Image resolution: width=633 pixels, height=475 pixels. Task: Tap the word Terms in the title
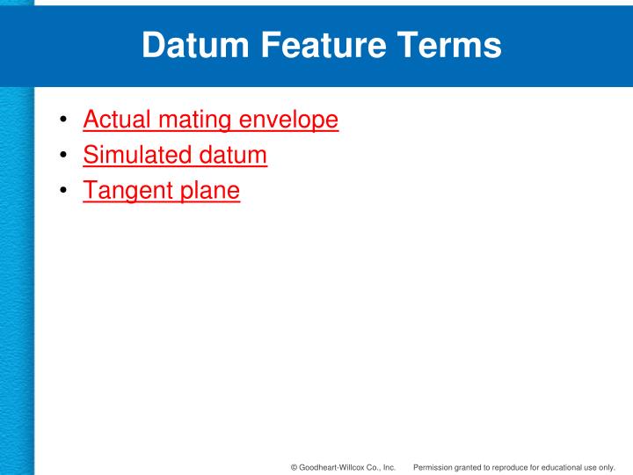(x=448, y=46)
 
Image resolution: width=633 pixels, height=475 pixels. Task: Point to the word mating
(x=193, y=121)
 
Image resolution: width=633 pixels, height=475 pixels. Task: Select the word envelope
(x=289, y=121)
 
